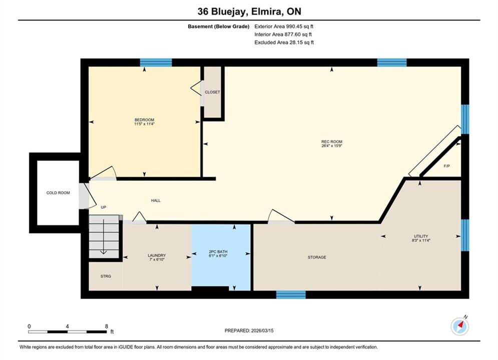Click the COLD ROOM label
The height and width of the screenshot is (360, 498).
(x=58, y=193)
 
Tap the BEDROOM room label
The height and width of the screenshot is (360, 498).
(x=145, y=120)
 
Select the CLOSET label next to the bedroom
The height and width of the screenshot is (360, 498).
(x=213, y=92)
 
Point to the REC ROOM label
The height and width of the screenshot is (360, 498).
(x=332, y=142)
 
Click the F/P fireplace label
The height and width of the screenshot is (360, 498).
(x=446, y=166)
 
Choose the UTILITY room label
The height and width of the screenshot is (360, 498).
(x=421, y=236)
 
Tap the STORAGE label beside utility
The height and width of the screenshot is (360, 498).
(x=317, y=257)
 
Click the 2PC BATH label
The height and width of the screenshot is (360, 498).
(x=218, y=252)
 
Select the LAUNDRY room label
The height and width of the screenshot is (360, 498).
(x=157, y=255)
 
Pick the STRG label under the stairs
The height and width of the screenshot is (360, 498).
(x=106, y=276)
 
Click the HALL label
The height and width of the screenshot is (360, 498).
(x=156, y=200)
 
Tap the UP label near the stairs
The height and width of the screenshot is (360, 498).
(x=103, y=207)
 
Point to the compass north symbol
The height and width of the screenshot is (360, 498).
(x=459, y=325)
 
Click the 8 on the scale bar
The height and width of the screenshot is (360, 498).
(x=107, y=326)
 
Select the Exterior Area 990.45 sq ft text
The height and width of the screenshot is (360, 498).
(x=284, y=26)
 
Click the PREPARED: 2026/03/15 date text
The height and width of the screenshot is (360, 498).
(x=249, y=330)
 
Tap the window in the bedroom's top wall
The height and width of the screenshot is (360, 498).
(x=156, y=62)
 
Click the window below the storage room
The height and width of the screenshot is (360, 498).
(x=291, y=294)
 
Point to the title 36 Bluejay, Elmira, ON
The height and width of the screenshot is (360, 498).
(x=249, y=11)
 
